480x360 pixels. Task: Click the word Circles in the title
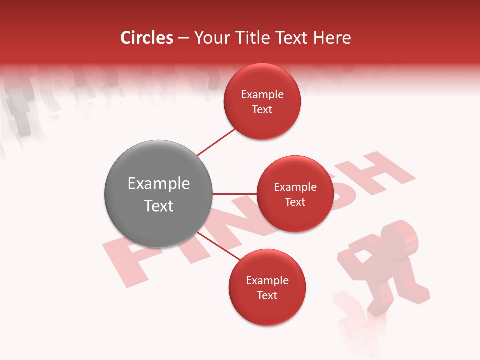[x=147, y=38]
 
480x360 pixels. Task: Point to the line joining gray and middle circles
[x=235, y=194]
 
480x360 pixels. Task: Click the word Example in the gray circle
[x=159, y=184]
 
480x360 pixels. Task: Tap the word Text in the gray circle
[x=159, y=206]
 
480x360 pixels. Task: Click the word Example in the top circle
[x=262, y=95]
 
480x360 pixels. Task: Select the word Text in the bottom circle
[x=267, y=295]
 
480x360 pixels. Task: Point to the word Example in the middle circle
[x=295, y=187]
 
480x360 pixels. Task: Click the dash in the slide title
[x=183, y=38]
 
